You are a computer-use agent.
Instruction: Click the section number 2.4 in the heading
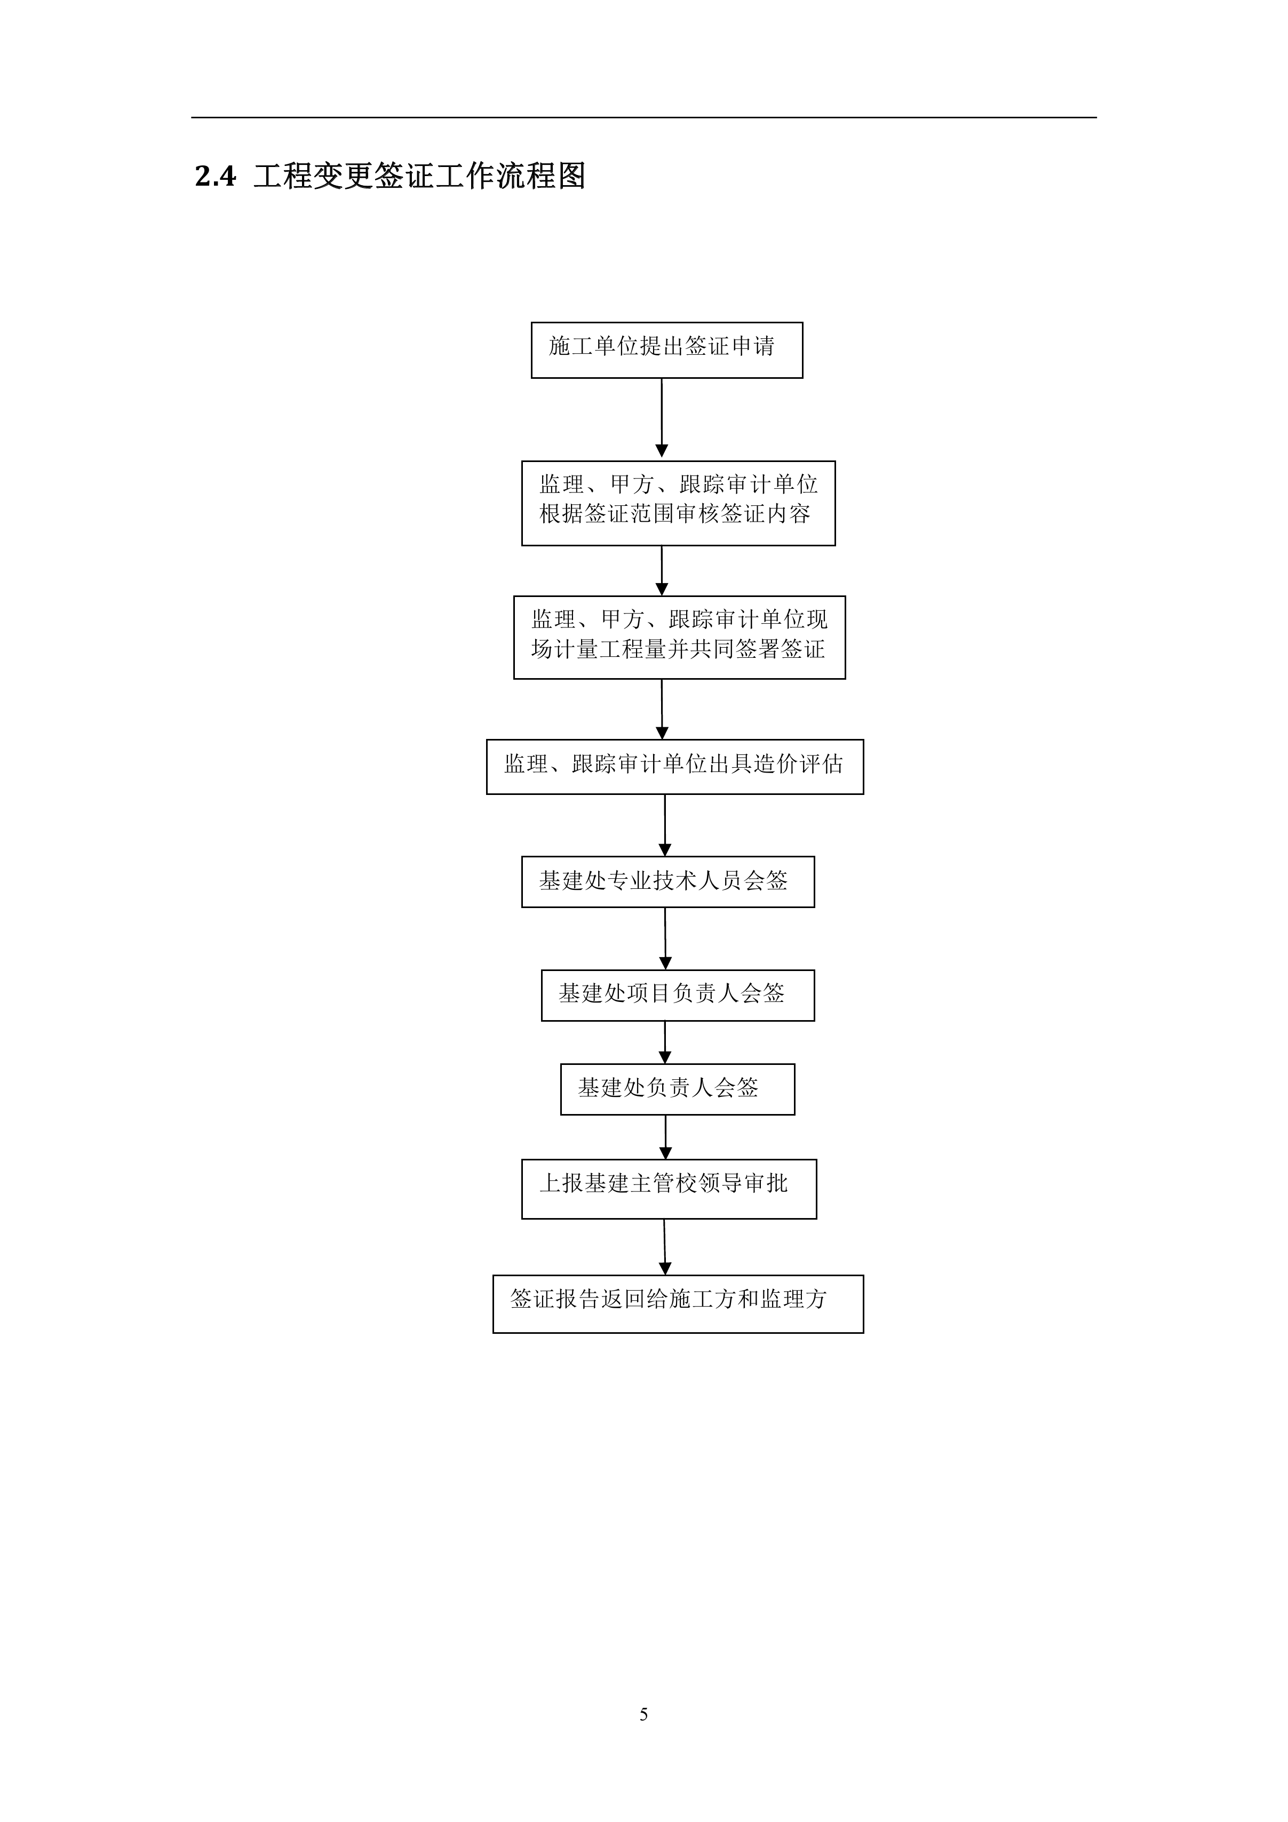[x=215, y=176]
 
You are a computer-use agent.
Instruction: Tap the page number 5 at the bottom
[x=643, y=1714]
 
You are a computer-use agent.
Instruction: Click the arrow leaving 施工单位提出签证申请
[x=662, y=419]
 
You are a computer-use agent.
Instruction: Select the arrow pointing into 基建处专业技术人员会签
[x=665, y=825]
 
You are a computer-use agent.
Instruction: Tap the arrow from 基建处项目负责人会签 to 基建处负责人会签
[x=665, y=1042]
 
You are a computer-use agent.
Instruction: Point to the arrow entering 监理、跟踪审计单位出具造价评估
[x=663, y=710]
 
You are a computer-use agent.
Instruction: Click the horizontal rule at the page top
[x=643, y=117]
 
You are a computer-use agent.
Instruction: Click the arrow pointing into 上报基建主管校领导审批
[x=666, y=1137]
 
